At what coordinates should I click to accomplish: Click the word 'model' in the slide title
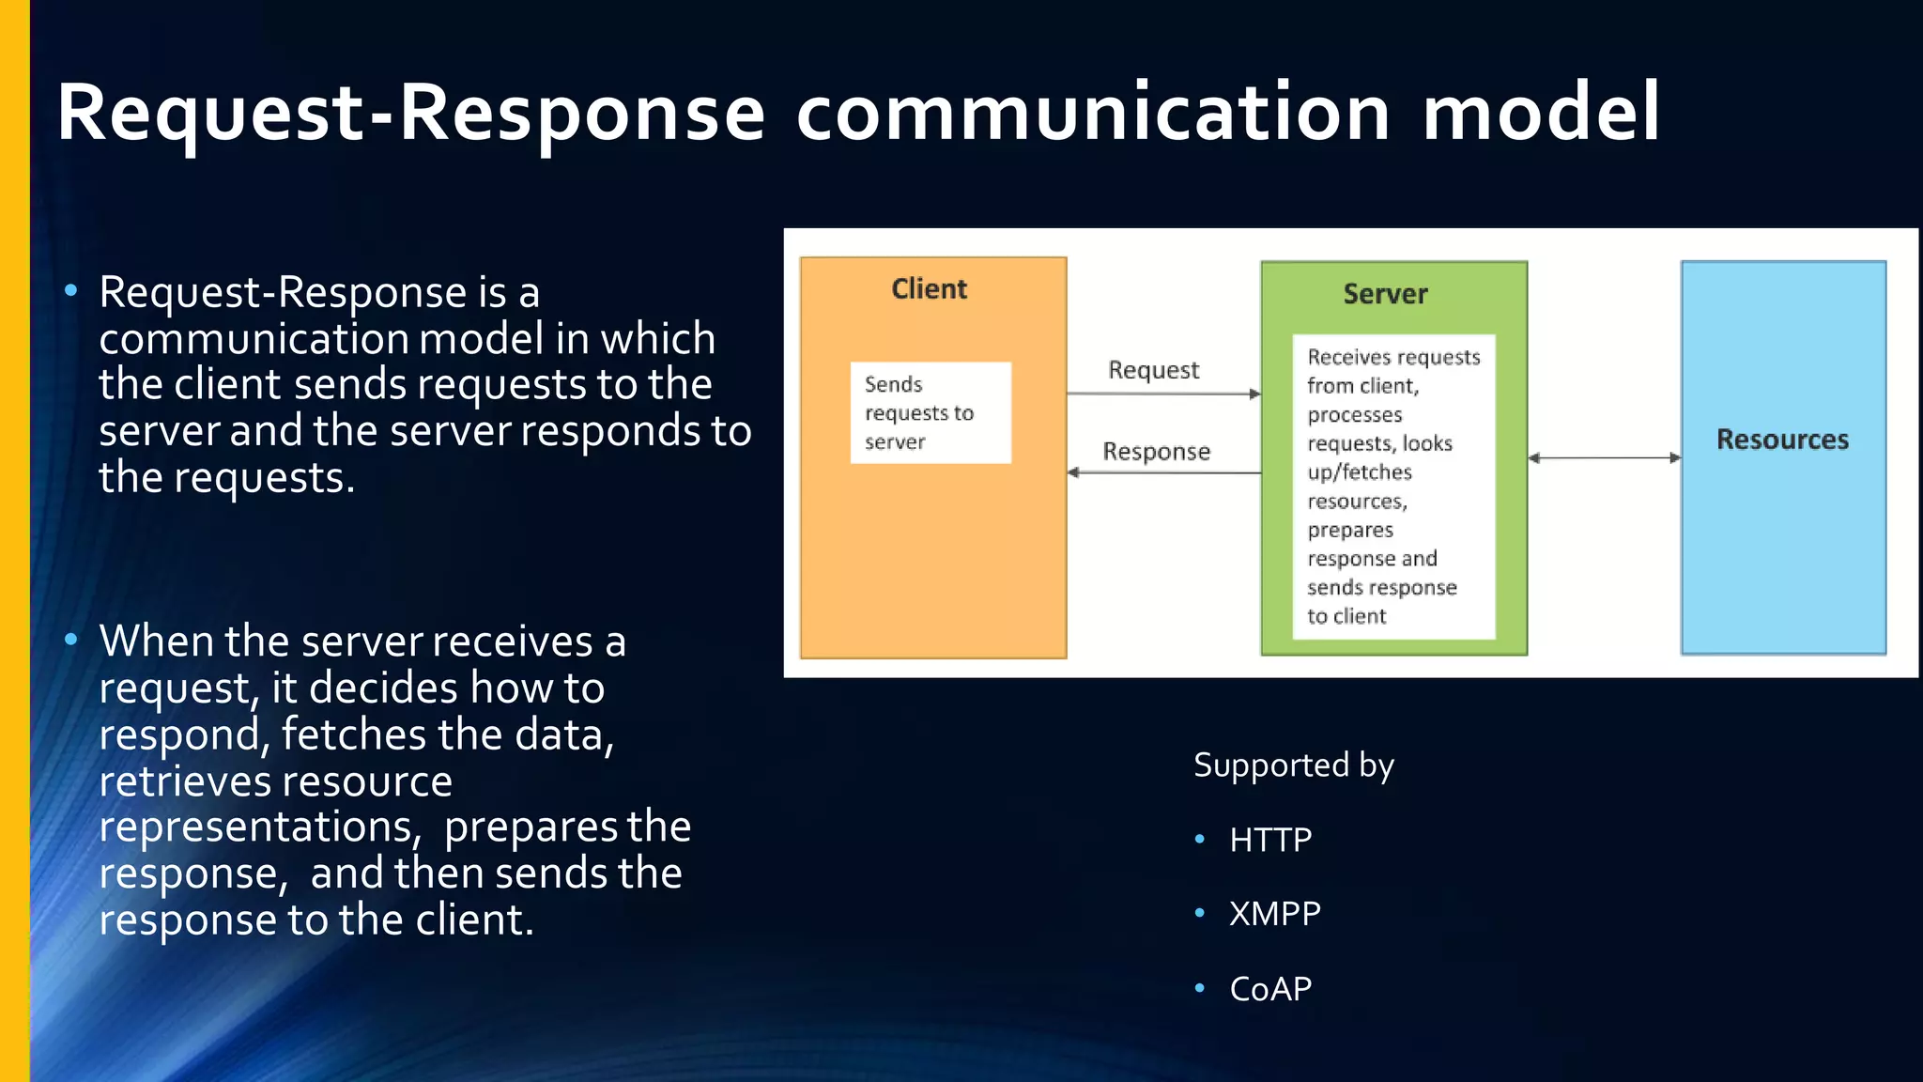tap(1541, 113)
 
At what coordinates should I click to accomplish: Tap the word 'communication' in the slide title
tap(1092, 113)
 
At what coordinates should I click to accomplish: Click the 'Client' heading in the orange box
tap(929, 289)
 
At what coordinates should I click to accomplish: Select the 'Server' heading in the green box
tap(1385, 294)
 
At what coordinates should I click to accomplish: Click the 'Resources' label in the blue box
tap(1782, 440)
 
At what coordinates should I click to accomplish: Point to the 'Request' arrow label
tap(1153, 370)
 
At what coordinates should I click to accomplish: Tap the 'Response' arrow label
tap(1156, 452)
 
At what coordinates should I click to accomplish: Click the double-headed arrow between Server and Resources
tap(1604, 458)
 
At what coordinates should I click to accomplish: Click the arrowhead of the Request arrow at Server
tap(1254, 394)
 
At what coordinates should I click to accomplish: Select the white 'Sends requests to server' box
tap(931, 413)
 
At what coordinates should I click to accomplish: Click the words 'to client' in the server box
tap(1346, 616)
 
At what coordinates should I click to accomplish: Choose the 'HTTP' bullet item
tap(1270, 840)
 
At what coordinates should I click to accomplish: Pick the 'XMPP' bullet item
tap(1275, 914)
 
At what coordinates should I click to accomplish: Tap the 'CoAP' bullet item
tap(1270, 989)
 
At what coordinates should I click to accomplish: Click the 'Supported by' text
tap(1293, 765)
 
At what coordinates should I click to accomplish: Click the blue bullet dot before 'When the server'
tap(71, 641)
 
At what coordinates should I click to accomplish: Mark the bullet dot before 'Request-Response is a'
tap(71, 291)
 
